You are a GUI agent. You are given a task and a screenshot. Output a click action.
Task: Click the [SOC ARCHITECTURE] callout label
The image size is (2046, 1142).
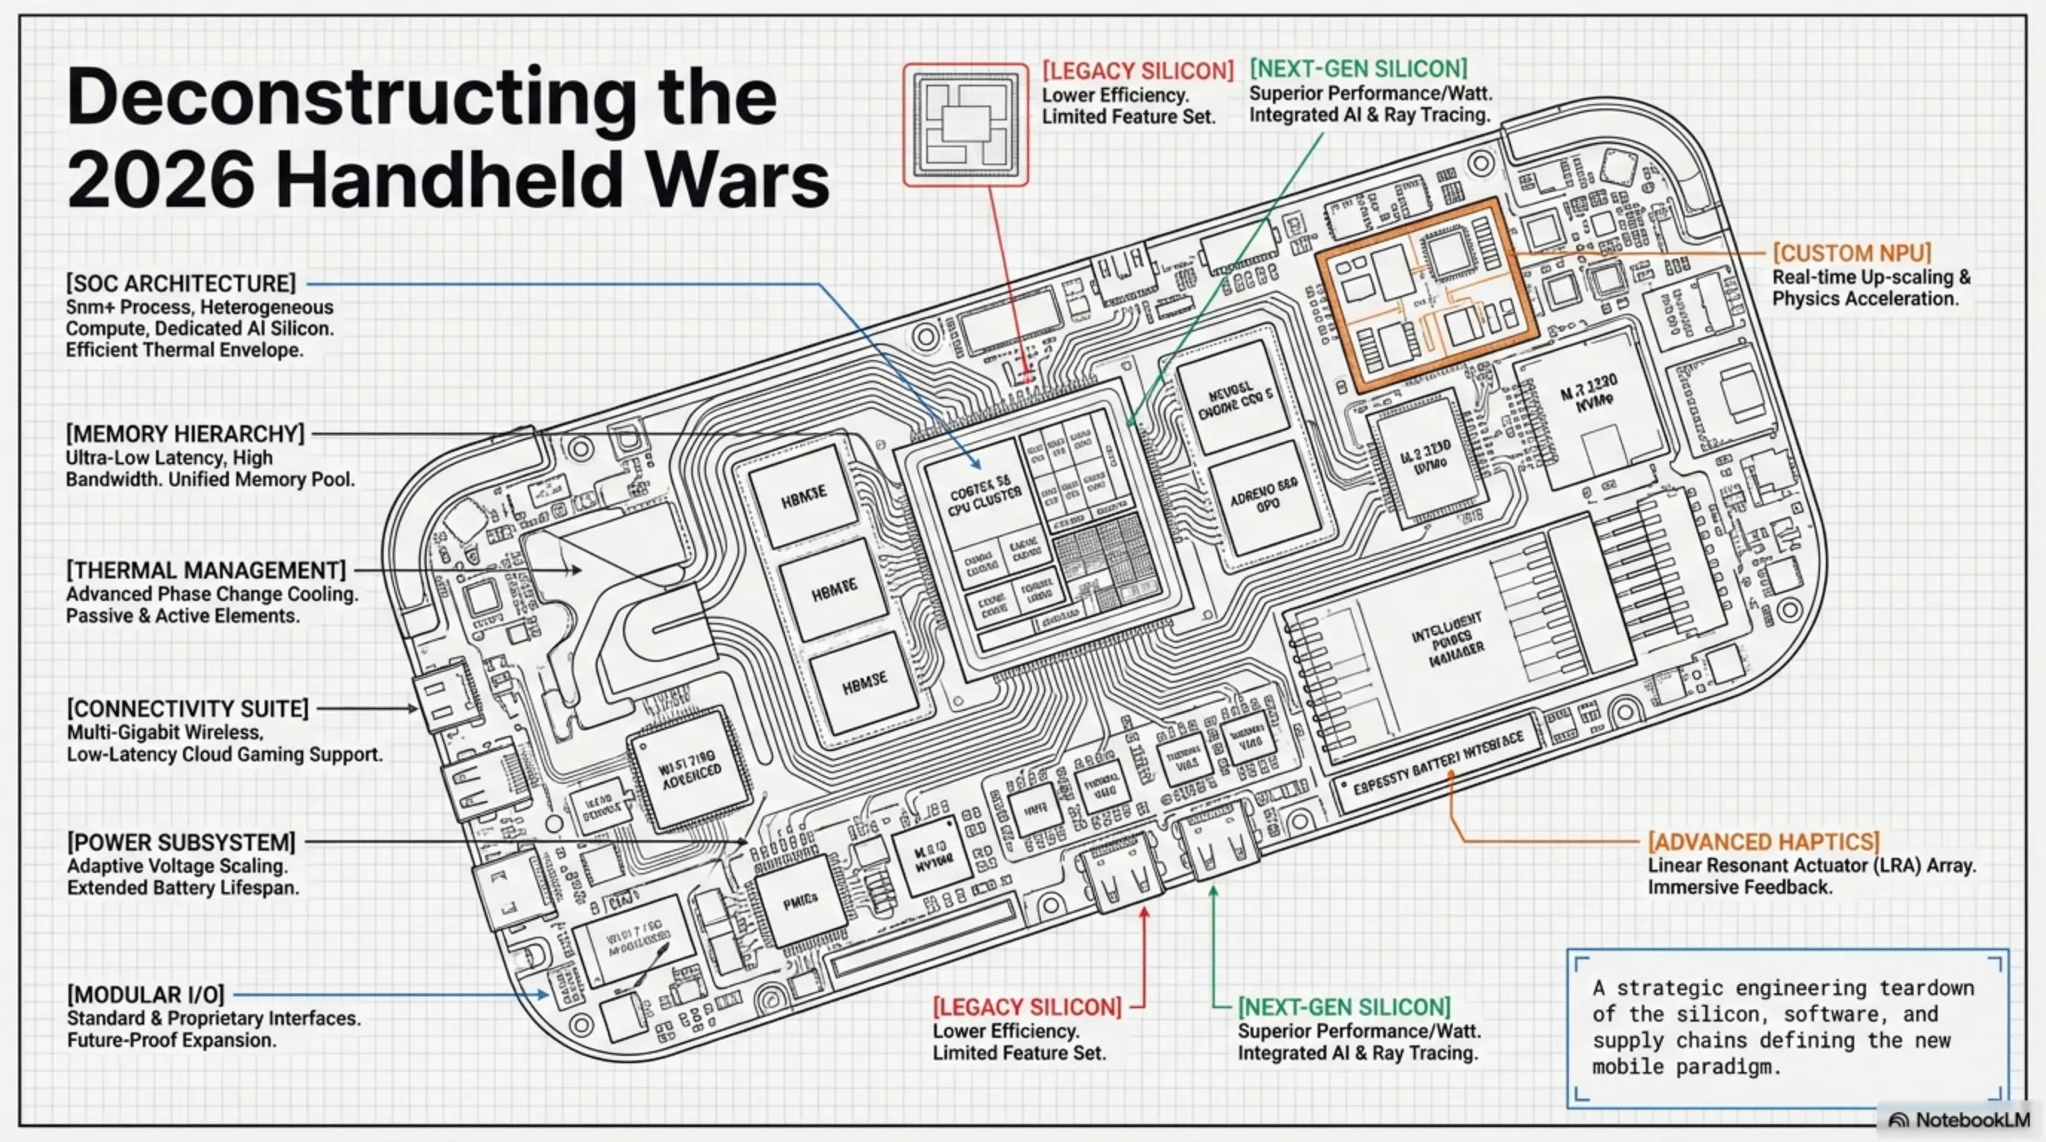click(181, 283)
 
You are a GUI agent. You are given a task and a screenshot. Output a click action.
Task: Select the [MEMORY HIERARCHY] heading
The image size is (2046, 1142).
click(185, 433)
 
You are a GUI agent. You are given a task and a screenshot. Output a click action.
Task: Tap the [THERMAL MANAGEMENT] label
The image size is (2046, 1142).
click(206, 570)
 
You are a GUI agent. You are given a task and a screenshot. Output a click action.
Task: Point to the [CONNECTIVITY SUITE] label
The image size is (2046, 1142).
click(187, 709)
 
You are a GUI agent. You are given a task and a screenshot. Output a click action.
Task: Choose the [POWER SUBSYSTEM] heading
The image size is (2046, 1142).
click(181, 842)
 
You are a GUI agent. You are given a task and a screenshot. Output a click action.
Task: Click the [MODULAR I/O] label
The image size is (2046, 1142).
click(146, 994)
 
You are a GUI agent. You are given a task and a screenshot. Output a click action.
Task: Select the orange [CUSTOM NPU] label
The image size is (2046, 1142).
click(1851, 254)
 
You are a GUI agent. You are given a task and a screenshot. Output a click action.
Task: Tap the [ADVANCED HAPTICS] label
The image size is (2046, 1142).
click(1763, 842)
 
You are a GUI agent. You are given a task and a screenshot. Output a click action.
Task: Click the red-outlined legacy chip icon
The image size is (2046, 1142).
click(965, 126)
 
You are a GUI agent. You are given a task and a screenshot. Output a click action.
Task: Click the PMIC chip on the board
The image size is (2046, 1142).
click(800, 900)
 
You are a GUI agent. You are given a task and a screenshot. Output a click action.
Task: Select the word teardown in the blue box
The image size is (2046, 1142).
click(1926, 988)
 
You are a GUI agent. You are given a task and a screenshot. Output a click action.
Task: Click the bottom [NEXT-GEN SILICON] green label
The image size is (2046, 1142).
click(1344, 1007)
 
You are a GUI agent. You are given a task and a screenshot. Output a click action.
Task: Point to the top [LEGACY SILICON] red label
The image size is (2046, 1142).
click(1137, 71)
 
